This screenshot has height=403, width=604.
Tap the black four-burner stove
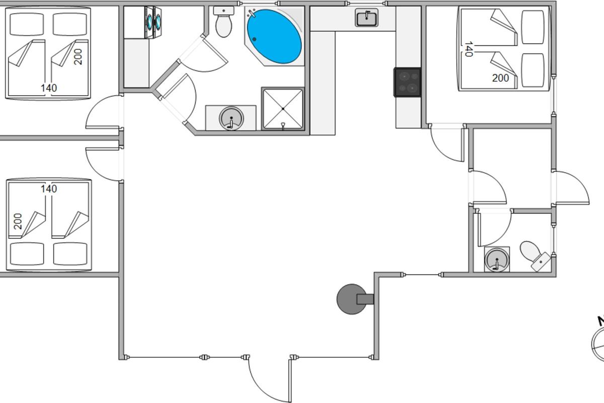coord(407,82)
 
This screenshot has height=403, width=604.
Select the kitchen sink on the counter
coord(367,18)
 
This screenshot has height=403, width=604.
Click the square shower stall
coord(283,109)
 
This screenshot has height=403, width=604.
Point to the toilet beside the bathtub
coord(223,22)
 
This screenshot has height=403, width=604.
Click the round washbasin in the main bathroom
coord(232,118)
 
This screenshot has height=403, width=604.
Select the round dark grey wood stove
coord(351,299)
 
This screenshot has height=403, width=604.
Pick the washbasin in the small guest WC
coord(497,260)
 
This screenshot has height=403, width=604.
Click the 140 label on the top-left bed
coord(48,88)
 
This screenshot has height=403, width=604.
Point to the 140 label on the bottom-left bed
coord(48,189)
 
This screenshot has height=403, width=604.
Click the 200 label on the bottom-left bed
coord(18,222)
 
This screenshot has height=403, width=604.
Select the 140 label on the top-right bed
coord(468,49)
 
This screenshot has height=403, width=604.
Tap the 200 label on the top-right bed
coord(500,78)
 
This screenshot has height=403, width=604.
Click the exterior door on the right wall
coord(571,189)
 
